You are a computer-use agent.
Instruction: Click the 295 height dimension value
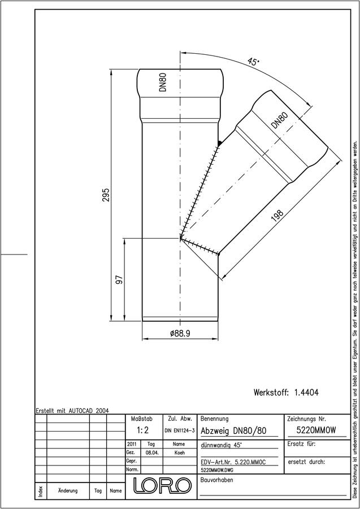click(106, 195)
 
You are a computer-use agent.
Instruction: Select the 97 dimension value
click(119, 279)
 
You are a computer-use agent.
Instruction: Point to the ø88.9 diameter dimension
click(180, 334)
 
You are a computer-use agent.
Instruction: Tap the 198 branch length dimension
click(277, 217)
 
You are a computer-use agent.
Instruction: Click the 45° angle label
click(253, 61)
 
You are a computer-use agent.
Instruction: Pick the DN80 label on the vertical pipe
click(163, 82)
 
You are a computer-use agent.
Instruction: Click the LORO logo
click(162, 485)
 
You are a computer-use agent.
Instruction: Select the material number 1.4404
click(306, 392)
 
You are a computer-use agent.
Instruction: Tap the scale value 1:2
click(142, 430)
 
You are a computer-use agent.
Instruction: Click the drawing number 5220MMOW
click(316, 430)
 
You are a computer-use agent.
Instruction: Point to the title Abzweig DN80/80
click(233, 431)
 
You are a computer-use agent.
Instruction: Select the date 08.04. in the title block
click(152, 453)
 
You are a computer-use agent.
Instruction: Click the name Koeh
click(179, 453)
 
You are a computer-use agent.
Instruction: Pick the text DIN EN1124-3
click(180, 431)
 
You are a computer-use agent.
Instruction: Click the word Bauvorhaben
click(217, 480)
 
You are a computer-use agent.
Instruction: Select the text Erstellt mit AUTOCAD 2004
click(72, 411)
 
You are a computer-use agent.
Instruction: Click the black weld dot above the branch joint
click(220, 143)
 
